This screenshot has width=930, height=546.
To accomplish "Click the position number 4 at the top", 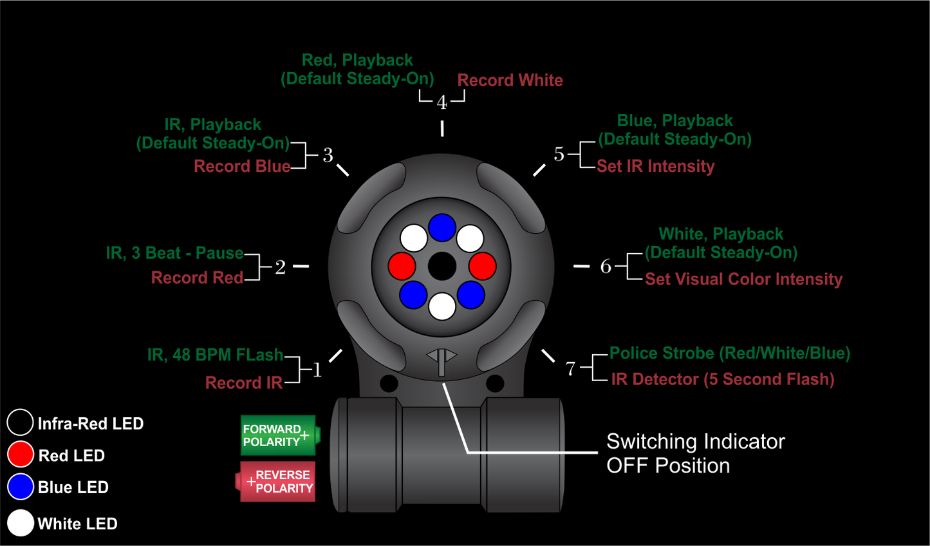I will (x=442, y=102).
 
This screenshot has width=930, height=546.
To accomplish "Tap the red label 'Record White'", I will (x=510, y=80).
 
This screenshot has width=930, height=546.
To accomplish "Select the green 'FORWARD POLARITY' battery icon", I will (x=279, y=435).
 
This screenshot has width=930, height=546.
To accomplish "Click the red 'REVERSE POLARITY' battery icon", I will (x=277, y=482).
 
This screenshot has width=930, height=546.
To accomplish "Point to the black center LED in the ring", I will (x=442, y=266).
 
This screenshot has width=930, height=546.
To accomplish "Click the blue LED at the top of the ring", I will (x=442, y=227).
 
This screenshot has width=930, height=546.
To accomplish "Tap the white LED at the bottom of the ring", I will (x=442, y=306).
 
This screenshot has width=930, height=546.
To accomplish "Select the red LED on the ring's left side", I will (x=402, y=265).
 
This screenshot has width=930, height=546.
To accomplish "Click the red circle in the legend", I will (x=21, y=454).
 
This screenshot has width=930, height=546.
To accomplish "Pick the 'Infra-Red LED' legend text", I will (x=90, y=424).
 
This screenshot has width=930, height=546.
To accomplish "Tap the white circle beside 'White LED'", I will (x=21, y=523).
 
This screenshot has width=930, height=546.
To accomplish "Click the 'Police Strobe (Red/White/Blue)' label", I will (x=729, y=353).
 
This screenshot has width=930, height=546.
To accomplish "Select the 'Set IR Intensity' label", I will (x=655, y=166).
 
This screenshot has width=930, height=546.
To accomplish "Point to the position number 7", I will (x=570, y=368).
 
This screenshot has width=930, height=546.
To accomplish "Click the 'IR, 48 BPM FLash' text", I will (x=215, y=355).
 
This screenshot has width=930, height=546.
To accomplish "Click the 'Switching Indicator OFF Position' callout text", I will (x=695, y=453).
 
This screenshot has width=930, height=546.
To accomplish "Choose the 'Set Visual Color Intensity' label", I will (x=743, y=279).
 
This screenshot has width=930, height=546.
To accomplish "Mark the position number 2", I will (x=280, y=267).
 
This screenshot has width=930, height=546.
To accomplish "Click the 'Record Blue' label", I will (x=242, y=166).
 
